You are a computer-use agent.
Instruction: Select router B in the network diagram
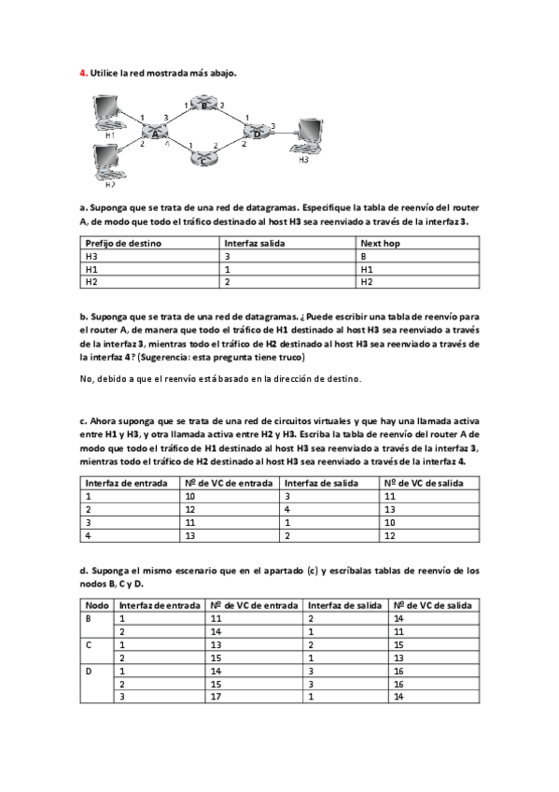(x=205, y=106)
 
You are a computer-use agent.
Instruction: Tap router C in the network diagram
(x=205, y=158)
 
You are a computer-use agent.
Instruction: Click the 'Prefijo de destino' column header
(x=123, y=243)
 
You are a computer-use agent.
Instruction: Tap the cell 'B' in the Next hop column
(x=363, y=255)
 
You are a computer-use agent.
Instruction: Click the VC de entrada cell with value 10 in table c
(x=190, y=496)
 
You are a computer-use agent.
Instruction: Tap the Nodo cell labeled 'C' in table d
(x=89, y=644)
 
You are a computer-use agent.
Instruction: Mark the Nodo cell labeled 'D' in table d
(x=89, y=671)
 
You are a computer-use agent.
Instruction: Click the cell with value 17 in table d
(x=216, y=697)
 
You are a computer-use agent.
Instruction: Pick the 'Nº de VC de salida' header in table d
(x=434, y=605)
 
